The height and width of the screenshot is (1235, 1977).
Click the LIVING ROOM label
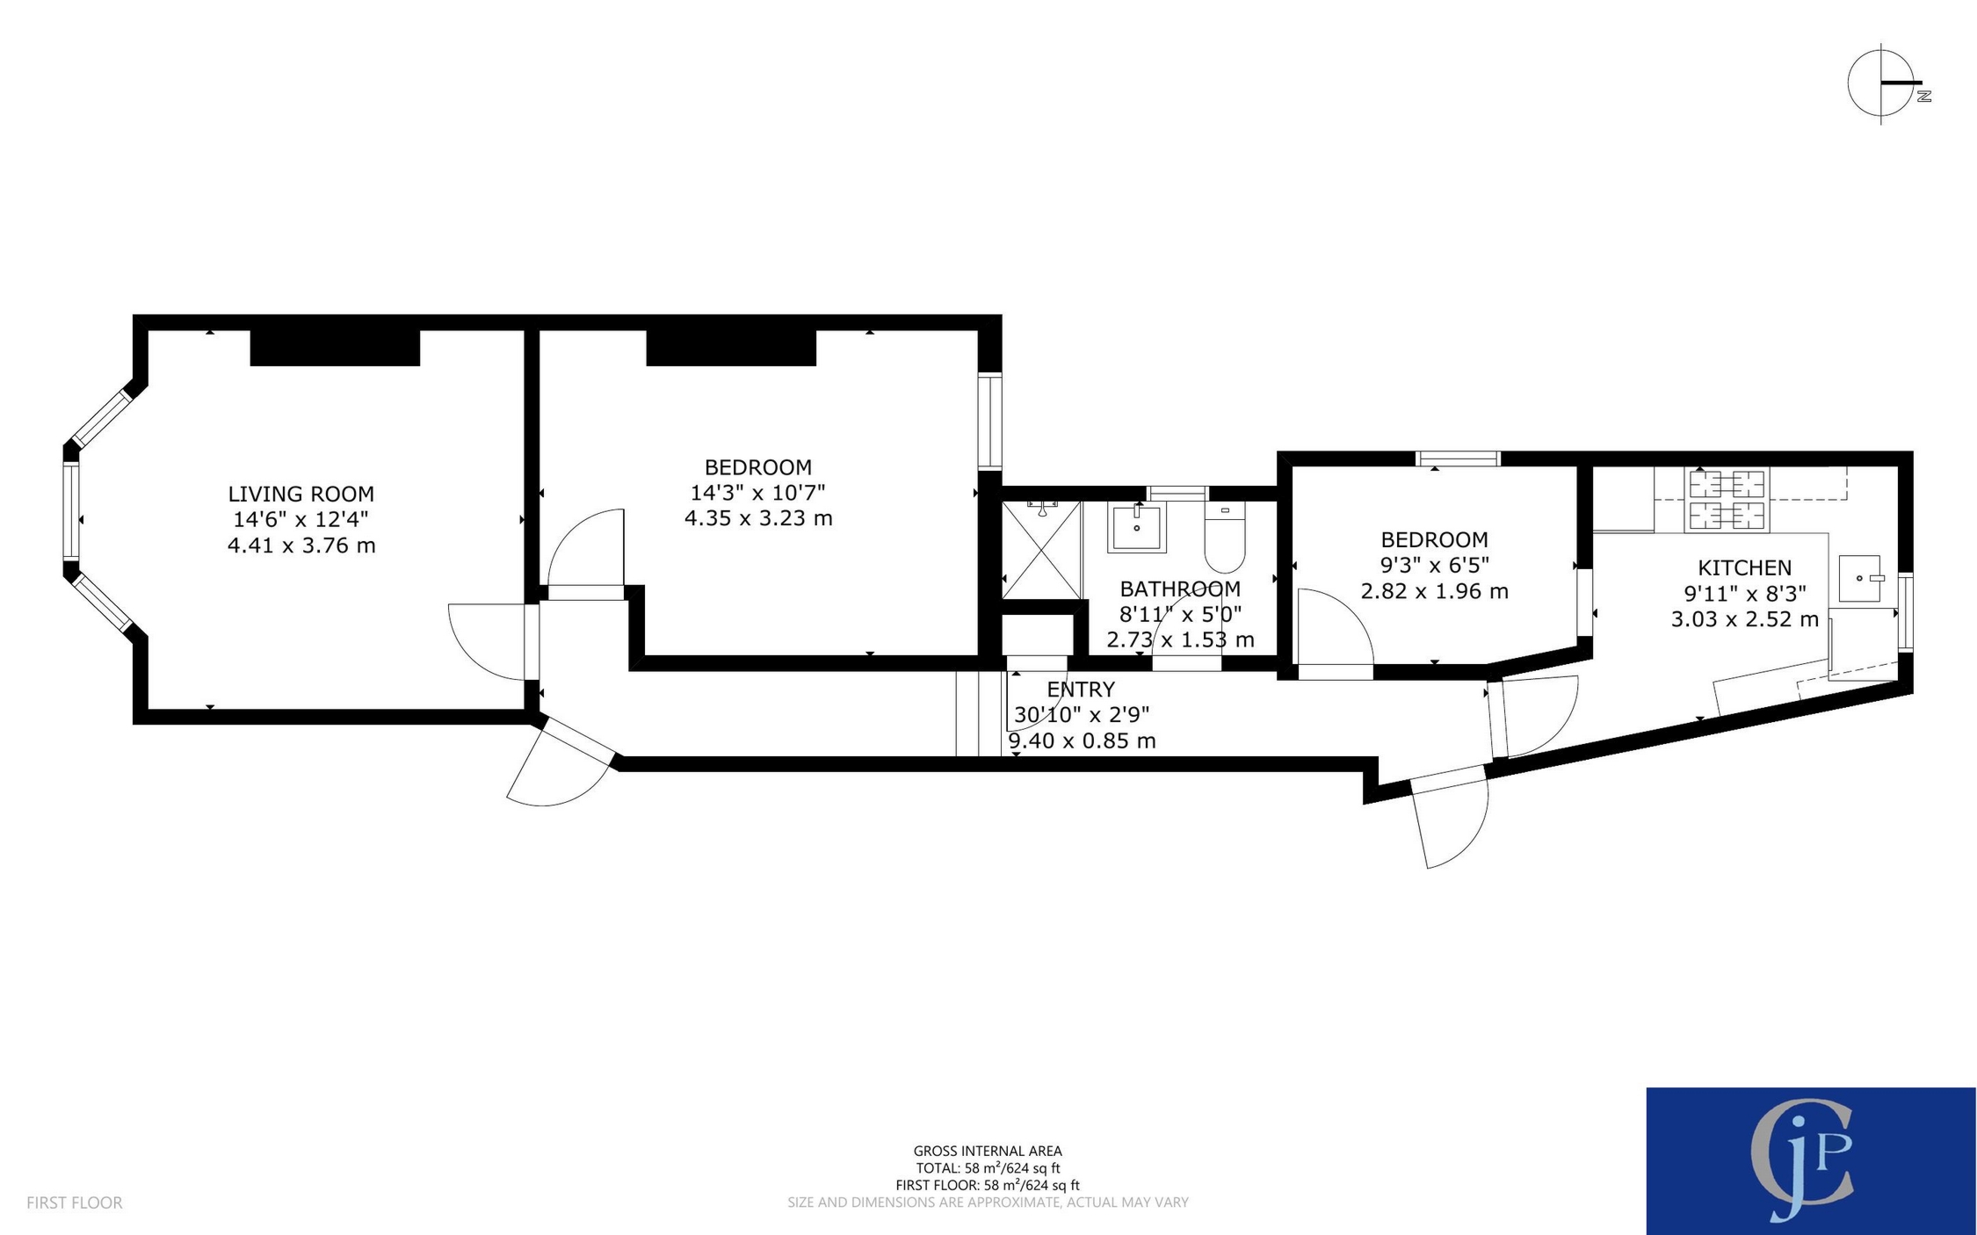(x=301, y=494)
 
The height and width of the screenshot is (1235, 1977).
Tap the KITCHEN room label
(x=1743, y=567)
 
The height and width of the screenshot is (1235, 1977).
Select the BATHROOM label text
(x=1179, y=589)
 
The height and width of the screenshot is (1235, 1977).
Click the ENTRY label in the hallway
(x=1080, y=690)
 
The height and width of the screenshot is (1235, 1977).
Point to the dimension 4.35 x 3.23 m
(x=757, y=518)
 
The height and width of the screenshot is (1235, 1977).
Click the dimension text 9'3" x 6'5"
(x=1434, y=565)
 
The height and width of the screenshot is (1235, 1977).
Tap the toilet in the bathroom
(x=1224, y=538)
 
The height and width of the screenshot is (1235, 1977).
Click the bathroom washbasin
(x=1136, y=528)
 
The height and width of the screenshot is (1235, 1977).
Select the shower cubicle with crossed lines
(x=1041, y=550)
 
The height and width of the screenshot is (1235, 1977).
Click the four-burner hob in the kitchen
(x=1726, y=500)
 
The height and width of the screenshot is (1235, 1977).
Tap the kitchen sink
(x=1859, y=578)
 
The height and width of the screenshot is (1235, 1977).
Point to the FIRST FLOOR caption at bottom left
(x=74, y=1202)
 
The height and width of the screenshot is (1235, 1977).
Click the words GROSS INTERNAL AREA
(x=987, y=1151)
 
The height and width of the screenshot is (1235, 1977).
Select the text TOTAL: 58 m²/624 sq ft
(x=987, y=1168)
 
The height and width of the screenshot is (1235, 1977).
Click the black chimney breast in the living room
(x=335, y=347)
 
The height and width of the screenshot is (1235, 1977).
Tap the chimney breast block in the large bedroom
(x=731, y=347)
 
